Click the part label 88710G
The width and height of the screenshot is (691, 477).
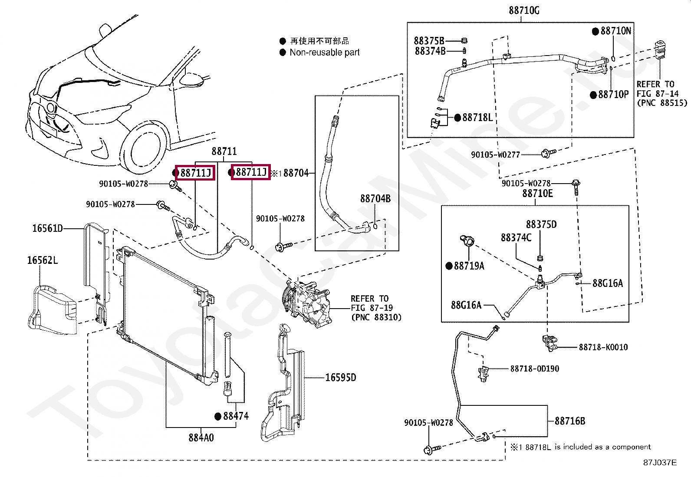click(524, 10)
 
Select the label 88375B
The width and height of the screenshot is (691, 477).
click(429, 41)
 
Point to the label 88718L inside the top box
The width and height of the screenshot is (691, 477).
click(477, 118)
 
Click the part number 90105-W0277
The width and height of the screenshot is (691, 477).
click(495, 155)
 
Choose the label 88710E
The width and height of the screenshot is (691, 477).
click(537, 194)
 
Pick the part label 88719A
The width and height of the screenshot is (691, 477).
click(469, 266)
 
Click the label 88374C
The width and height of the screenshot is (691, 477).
click(516, 238)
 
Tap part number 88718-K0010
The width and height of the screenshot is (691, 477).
click(603, 347)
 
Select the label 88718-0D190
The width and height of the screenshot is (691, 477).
click(534, 369)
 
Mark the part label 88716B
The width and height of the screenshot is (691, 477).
click(569, 421)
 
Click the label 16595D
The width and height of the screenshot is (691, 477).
click(340, 378)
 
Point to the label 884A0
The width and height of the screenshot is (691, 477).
click(201, 438)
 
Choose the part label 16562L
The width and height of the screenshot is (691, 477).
click(42, 260)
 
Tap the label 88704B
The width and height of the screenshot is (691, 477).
click(375, 199)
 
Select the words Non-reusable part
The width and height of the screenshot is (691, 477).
click(324, 53)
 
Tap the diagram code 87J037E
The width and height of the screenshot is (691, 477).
click(659, 463)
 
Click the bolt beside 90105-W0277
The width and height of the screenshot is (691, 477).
click(548, 153)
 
